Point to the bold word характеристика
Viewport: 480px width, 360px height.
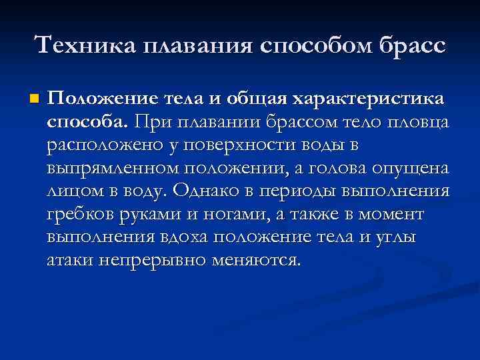coord(378,99)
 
